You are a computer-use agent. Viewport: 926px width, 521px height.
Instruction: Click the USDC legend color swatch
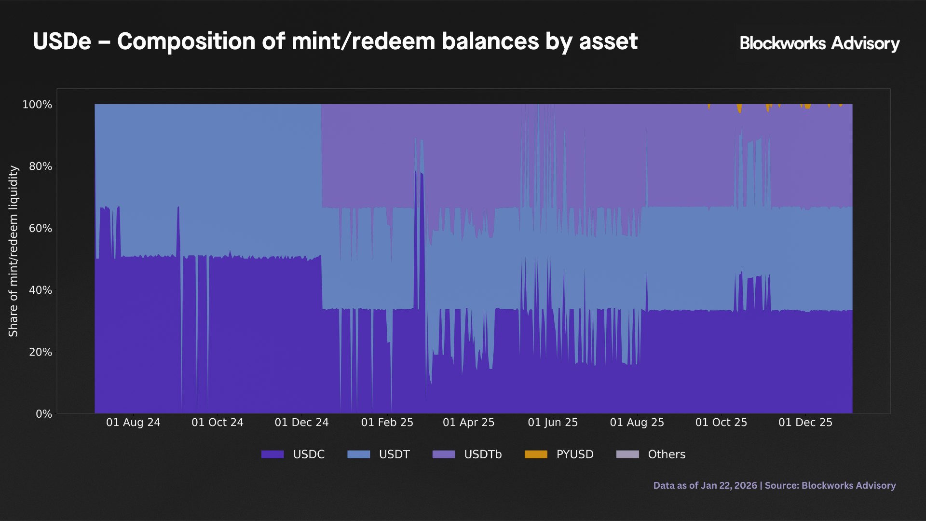point(272,454)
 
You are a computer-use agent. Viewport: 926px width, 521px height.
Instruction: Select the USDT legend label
point(394,454)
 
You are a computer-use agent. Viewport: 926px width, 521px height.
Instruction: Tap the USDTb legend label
point(483,454)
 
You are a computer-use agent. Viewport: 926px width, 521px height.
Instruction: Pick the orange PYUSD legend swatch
point(536,454)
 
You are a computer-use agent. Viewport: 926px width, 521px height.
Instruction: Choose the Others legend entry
point(666,454)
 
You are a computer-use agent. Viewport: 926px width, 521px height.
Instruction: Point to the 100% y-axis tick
point(37,105)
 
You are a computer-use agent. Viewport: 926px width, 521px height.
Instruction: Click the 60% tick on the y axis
point(40,228)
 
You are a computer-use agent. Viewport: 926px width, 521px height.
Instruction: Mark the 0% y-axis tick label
point(43,414)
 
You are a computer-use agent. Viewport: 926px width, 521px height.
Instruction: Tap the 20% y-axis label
point(40,352)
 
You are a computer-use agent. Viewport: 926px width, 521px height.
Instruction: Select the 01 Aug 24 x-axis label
point(133,423)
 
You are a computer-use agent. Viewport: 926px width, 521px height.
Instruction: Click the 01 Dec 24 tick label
point(301,423)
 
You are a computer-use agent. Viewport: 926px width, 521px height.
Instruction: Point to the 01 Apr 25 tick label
point(469,423)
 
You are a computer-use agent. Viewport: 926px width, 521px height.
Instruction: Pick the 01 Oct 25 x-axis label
point(721,423)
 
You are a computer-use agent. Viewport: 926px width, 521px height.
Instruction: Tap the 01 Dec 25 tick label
point(805,423)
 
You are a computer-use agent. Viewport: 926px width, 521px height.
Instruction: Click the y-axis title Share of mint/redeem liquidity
point(14,251)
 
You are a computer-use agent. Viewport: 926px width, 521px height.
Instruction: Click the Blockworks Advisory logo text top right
point(819,43)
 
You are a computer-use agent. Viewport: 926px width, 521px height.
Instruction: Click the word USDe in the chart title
point(62,41)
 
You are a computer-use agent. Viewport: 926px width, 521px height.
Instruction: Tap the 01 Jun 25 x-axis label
point(553,423)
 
